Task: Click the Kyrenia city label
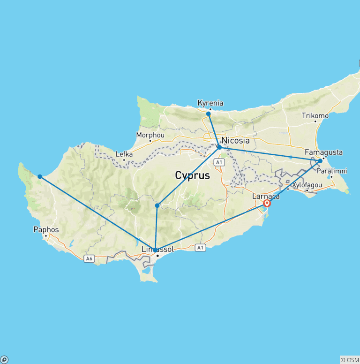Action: pyautogui.click(x=210, y=103)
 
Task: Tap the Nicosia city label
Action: pyautogui.click(x=235, y=141)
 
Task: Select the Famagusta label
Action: pyautogui.click(x=323, y=152)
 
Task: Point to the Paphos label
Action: pyautogui.click(x=46, y=230)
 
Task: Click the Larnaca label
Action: pyautogui.click(x=266, y=196)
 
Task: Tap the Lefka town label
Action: pyautogui.click(x=124, y=154)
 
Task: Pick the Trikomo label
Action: pyautogui.click(x=315, y=115)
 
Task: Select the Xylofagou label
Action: pyautogui.click(x=307, y=185)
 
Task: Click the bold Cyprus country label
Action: pyautogui.click(x=192, y=175)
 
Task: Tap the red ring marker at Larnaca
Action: pyautogui.click(x=267, y=203)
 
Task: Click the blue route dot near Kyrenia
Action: pyautogui.click(x=209, y=114)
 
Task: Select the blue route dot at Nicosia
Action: pyautogui.click(x=219, y=147)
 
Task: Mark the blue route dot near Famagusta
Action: pyautogui.click(x=320, y=161)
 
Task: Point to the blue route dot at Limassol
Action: pyautogui.click(x=155, y=250)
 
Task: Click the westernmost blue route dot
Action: pyautogui.click(x=40, y=176)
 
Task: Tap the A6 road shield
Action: pyautogui.click(x=89, y=258)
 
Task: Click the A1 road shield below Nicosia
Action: pyautogui.click(x=217, y=162)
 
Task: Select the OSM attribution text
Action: pyautogui.click(x=350, y=360)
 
